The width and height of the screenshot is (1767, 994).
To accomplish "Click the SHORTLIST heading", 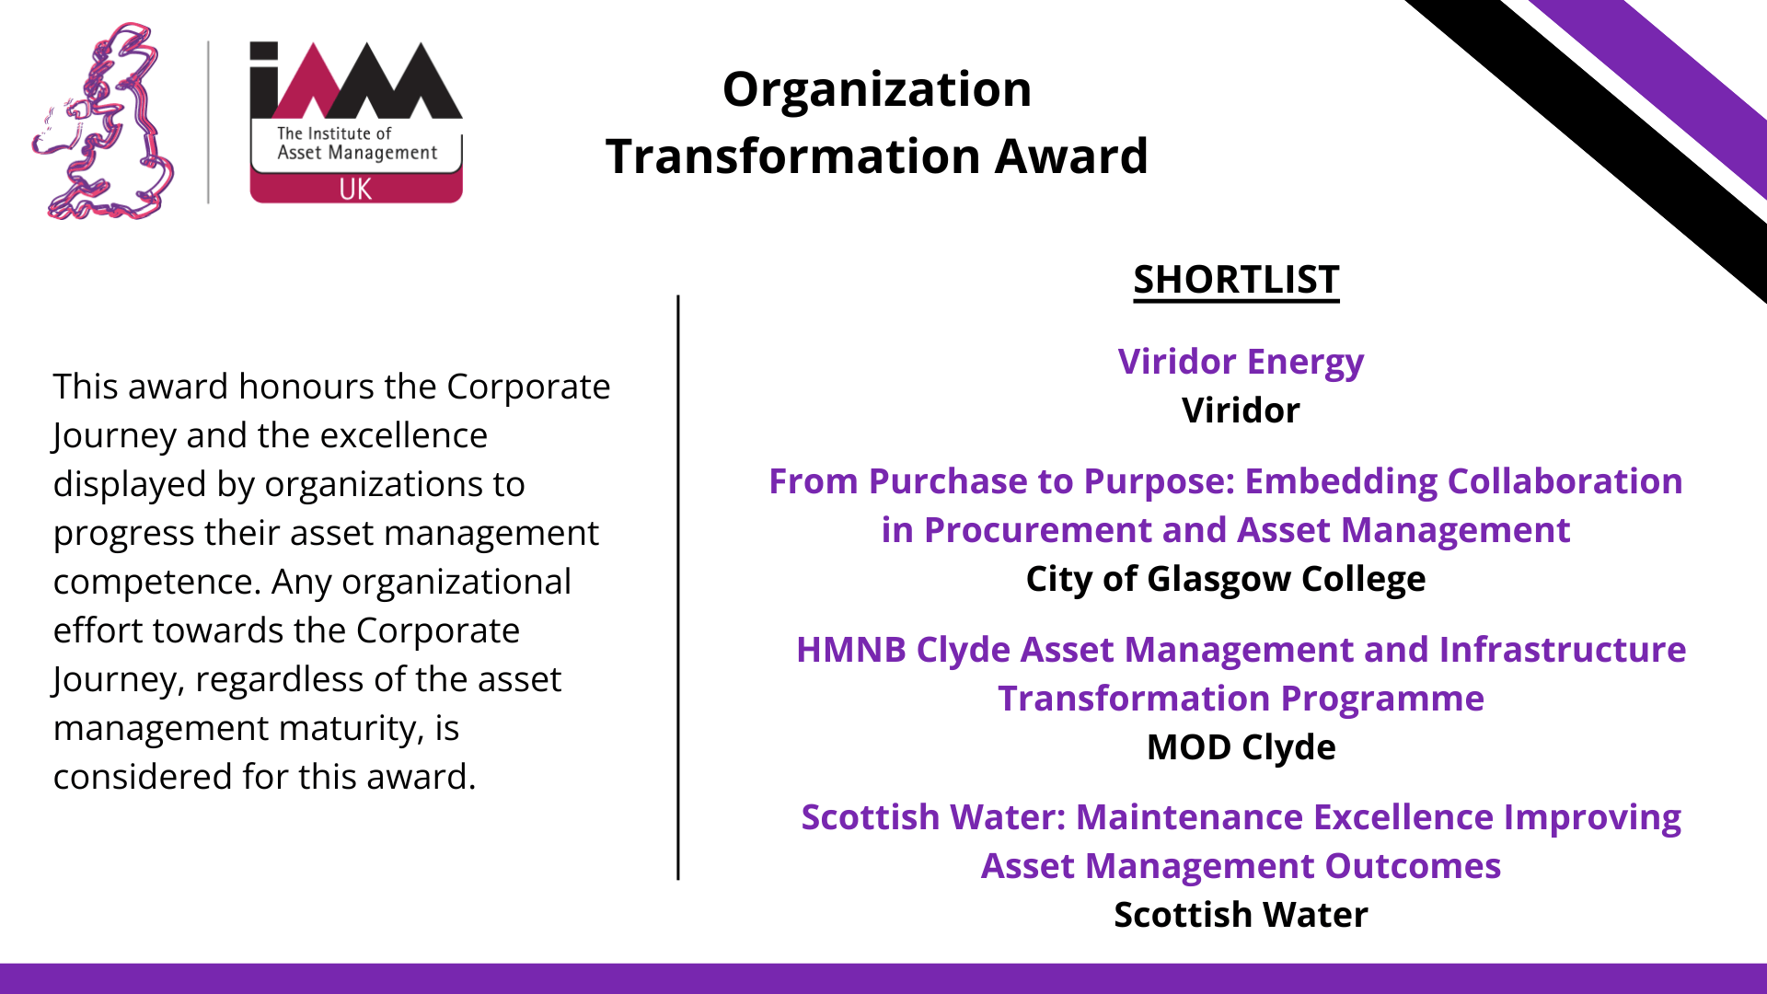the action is coord(1236,280).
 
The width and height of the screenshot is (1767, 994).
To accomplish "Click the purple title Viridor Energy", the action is coord(1241,363).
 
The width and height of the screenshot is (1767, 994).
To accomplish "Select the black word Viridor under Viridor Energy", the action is coord(1241,410).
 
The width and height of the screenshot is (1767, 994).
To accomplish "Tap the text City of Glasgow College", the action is coord(1226,580).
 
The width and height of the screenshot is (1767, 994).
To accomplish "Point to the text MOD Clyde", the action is coord(1241,747).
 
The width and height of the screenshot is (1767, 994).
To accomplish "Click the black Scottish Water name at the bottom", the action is coord(1241,915).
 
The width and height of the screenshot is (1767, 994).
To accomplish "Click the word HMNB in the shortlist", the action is coord(851,650).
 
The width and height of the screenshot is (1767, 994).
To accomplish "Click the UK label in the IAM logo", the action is coord(355,190).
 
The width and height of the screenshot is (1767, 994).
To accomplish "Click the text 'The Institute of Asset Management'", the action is coord(357,144).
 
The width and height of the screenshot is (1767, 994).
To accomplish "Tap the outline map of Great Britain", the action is coord(104,121).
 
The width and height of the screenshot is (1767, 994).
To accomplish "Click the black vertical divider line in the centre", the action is coord(678,587).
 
